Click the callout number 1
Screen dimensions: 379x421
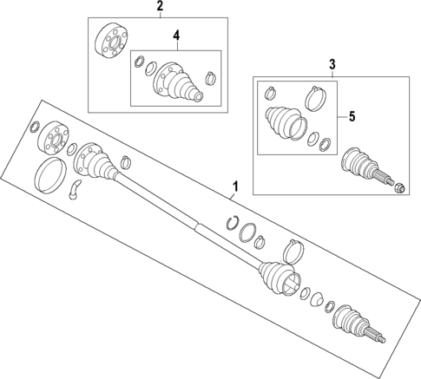(x=234, y=186)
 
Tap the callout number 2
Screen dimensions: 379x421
(x=159, y=8)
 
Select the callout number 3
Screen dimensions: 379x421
(x=331, y=64)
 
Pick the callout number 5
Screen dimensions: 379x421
(x=352, y=115)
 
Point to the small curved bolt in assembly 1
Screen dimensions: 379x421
(x=76, y=188)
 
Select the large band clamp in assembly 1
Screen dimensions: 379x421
(x=293, y=252)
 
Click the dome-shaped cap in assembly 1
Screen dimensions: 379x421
(x=327, y=304)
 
